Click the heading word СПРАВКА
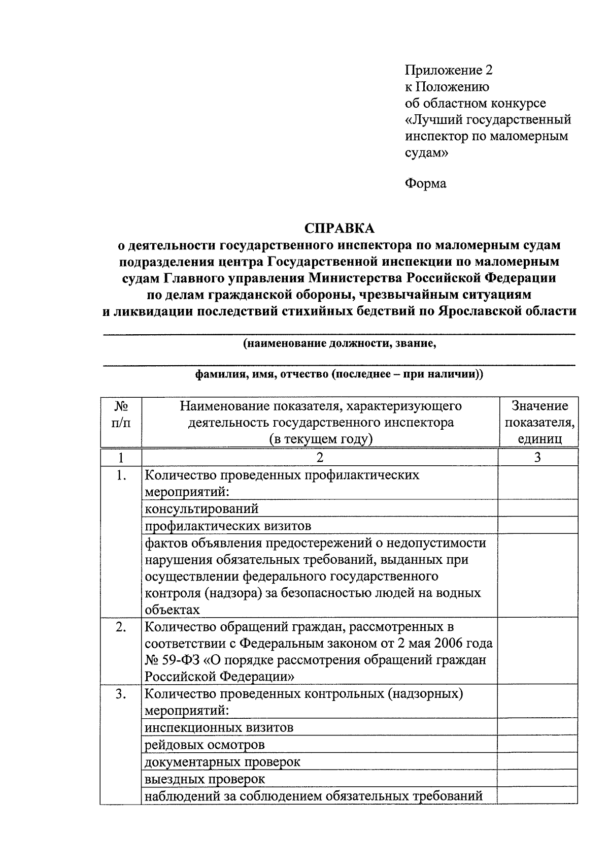pyautogui.click(x=339, y=228)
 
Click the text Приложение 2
pyautogui.click(x=449, y=70)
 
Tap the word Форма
pyautogui.click(x=425, y=183)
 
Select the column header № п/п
pyautogui.click(x=120, y=414)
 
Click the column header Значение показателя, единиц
pyautogui.click(x=539, y=422)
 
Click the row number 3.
pyautogui.click(x=120, y=694)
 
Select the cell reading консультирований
pyautogui.click(x=201, y=508)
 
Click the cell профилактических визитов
pyautogui.click(x=228, y=525)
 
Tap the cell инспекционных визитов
pyautogui.click(x=219, y=727)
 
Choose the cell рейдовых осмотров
pyautogui.click(x=205, y=745)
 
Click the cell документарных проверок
pyautogui.click(x=222, y=762)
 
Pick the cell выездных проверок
pyautogui.click(x=205, y=779)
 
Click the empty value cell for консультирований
pyautogui.click(x=537, y=508)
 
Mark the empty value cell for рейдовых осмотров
pyautogui.click(x=537, y=744)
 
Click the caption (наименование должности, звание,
pyautogui.click(x=340, y=343)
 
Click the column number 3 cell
pyautogui.click(x=537, y=457)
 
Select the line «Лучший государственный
pyautogui.click(x=488, y=119)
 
